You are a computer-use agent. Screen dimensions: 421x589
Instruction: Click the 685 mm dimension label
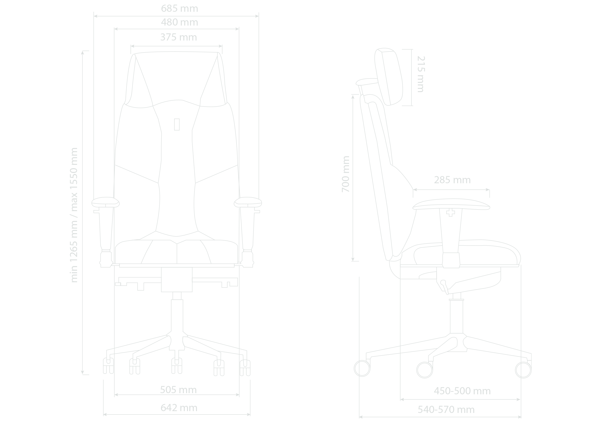coord(179,9)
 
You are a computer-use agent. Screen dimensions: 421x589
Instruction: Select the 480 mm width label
coord(179,22)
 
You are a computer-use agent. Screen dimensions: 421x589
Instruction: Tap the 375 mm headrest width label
coord(179,37)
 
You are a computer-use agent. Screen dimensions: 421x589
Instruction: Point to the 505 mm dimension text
coord(178,390)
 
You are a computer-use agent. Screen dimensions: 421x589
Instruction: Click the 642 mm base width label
coord(179,408)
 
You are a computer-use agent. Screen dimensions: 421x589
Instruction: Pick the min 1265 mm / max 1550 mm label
coord(74,215)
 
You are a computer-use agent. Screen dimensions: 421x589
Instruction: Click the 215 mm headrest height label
coord(421,74)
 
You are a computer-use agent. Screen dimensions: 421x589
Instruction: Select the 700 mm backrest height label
coord(346,174)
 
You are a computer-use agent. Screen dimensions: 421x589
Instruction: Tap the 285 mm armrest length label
coord(452,180)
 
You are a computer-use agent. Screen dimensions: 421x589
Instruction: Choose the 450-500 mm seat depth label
coord(462,391)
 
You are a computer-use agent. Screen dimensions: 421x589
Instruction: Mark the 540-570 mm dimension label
coord(446,409)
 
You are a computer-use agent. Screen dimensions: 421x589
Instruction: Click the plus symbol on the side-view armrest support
coord(450,213)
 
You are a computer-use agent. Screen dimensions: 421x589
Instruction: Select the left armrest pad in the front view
coord(105,202)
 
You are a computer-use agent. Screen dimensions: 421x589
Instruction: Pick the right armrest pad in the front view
coord(248,202)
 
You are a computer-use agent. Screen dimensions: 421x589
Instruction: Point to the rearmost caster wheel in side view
coord(362,368)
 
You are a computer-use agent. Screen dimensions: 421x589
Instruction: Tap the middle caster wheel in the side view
coord(424,370)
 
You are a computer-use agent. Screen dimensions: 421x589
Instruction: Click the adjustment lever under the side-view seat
coord(445,287)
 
